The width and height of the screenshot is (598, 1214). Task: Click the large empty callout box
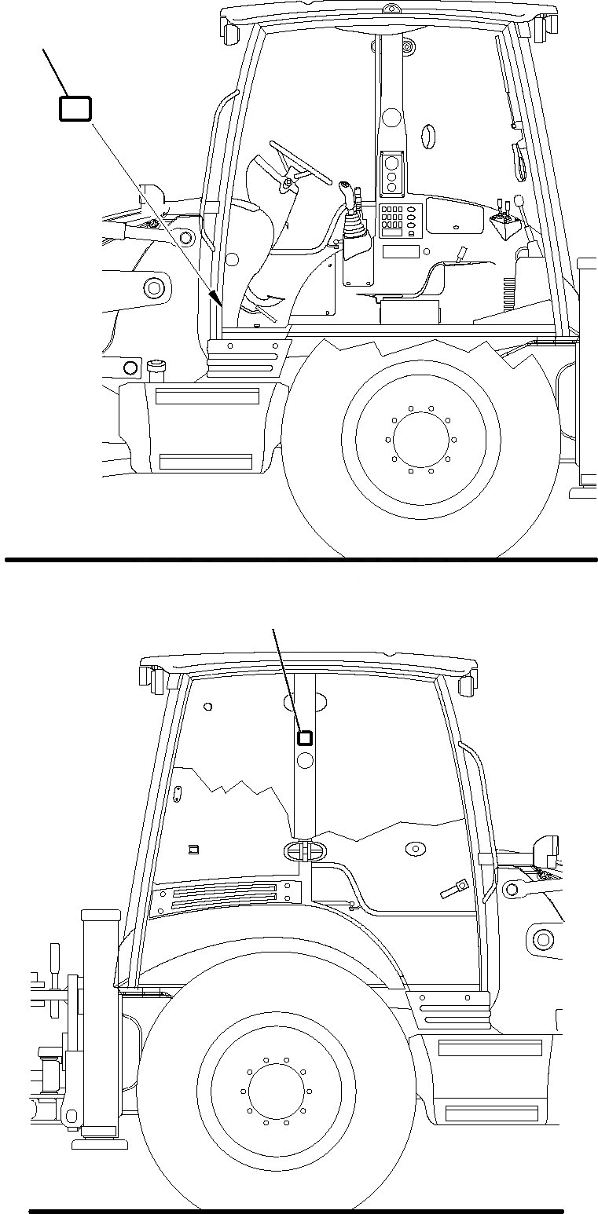(75, 108)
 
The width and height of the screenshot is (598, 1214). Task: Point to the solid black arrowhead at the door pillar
(216, 297)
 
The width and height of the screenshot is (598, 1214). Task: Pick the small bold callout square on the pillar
(304, 737)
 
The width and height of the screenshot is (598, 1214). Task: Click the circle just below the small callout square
(305, 759)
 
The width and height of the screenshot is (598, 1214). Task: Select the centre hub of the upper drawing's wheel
(421, 437)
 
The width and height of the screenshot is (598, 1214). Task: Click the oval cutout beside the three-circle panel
(428, 136)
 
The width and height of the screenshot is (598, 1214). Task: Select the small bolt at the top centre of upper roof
(388, 9)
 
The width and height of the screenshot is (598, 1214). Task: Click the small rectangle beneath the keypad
(401, 251)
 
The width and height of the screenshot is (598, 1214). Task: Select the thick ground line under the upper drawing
(301, 560)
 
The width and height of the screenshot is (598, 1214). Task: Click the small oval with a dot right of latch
(413, 849)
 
